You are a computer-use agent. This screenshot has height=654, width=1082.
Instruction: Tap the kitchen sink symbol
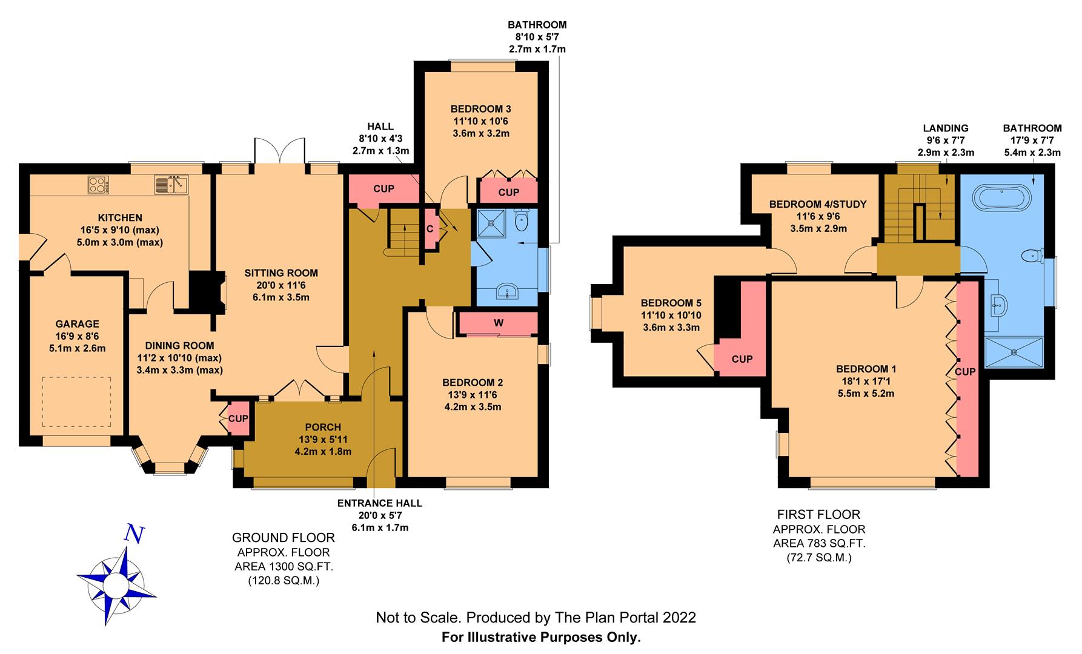coord(171,183)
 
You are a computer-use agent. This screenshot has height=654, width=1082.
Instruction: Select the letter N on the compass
coord(134,533)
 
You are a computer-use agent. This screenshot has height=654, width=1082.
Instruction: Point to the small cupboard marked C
coord(430,229)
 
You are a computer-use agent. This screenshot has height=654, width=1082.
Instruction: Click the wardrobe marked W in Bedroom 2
coord(498,323)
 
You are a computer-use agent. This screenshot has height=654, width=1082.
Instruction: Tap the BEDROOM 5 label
coord(670,303)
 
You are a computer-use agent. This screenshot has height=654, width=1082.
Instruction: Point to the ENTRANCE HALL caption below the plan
coord(379,503)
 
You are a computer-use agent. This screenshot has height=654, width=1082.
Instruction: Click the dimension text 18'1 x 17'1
coord(866,381)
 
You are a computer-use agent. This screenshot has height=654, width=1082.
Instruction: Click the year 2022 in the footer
coord(679,618)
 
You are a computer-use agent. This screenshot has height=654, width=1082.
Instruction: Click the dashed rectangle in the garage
coord(76,401)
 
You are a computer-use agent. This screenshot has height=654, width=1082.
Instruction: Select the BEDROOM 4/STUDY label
coord(818,204)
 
